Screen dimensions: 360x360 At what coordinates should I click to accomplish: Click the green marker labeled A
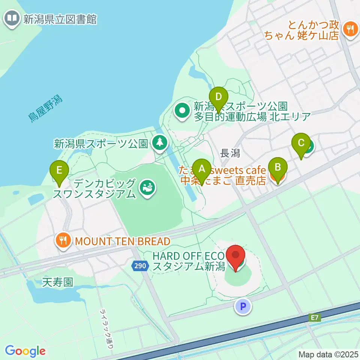[202, 171]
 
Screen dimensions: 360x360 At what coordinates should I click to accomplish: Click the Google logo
[25, 351]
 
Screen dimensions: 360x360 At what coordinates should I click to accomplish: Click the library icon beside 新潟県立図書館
[12, 18]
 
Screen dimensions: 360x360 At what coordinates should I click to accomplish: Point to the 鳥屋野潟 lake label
[45, 108]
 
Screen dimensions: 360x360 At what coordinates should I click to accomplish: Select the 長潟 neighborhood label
[230, 153]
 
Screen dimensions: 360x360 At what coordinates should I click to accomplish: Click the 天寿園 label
[57, 282]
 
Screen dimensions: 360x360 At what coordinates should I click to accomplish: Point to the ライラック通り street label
[107, 329]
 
